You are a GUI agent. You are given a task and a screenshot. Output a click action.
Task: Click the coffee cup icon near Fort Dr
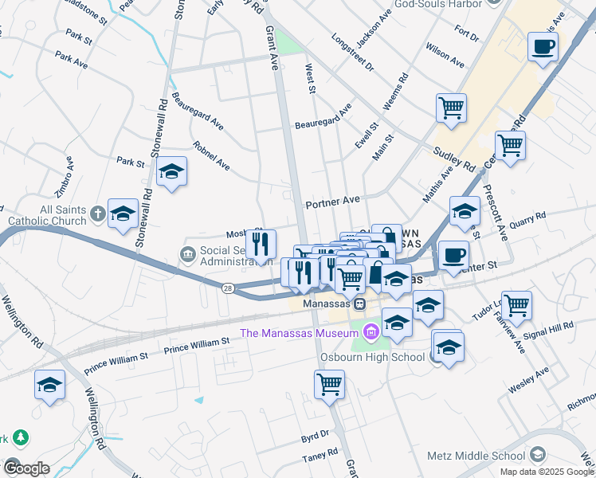543,47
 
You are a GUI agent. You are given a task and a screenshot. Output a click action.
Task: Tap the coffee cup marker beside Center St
453,255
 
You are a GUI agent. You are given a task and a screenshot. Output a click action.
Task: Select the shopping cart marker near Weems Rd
451,107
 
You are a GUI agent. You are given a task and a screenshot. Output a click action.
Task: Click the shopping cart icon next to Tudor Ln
517,304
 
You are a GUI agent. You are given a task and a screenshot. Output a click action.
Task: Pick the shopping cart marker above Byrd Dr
329,384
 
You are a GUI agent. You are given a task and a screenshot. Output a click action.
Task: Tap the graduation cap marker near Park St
171,172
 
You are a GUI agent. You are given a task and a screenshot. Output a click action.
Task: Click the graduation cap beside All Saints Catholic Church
124,213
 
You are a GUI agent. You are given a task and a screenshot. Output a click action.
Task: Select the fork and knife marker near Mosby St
261,245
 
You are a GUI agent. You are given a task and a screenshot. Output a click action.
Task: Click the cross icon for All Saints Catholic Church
97,213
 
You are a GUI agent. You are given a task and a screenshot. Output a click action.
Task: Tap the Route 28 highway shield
229,289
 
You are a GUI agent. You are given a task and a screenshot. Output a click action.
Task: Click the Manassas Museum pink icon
369,331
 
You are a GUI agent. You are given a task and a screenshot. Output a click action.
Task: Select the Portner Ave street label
333,202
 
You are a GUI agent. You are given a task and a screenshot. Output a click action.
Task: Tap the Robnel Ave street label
211,156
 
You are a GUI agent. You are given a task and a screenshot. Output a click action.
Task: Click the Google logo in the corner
26,468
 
